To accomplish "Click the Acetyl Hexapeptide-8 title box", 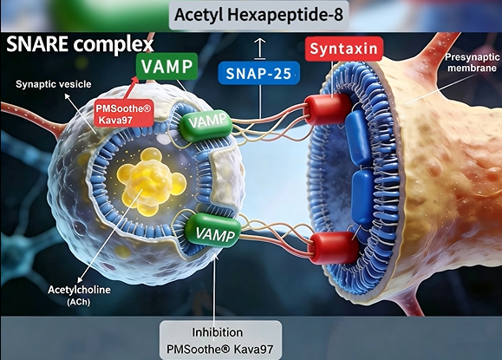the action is coord(258,15).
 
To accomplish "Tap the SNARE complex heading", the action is coord(80,44).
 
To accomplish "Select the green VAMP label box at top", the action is coord(166,66).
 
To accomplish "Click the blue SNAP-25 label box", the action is coord(258,73).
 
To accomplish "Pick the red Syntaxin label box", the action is coord(344,49).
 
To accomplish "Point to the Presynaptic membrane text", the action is coord(473,62).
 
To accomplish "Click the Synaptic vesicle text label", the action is coord(54,84).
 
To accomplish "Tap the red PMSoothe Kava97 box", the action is coord(123,114).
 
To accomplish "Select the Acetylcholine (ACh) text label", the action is coord(79,295).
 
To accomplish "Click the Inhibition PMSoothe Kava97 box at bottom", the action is coord(221,340).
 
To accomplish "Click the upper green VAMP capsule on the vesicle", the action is coord(206,125).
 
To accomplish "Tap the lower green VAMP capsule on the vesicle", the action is coord(213,230).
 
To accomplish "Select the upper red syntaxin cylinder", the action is coord(327,109).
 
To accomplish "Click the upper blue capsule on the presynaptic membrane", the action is coord(358,137).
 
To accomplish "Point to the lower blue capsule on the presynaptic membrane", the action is coord(363,196).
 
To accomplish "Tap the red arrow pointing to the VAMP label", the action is coord(131,88).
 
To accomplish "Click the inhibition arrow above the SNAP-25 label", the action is coord(260,49).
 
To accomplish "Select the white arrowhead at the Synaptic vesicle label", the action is coord(67,95).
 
